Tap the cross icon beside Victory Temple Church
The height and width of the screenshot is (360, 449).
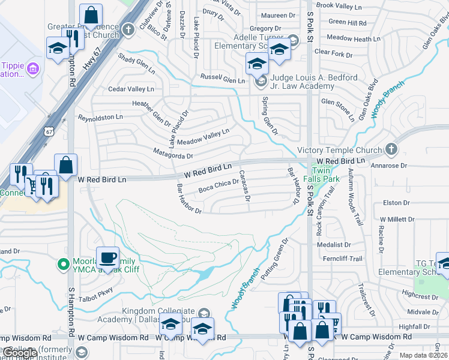coord(391,149)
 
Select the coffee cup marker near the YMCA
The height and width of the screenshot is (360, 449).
coord(107,258)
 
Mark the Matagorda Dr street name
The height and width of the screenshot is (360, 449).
coord(172,154)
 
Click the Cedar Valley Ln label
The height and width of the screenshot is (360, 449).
coord(131,89)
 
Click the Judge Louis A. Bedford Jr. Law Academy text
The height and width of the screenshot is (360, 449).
coord(314,82)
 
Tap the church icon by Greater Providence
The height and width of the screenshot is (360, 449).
coord(128,29)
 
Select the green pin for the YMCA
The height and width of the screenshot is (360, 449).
coord(62,263)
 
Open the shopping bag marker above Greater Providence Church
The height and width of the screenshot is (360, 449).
coord(91,16)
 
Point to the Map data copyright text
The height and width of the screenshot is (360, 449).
coord(424,355)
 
